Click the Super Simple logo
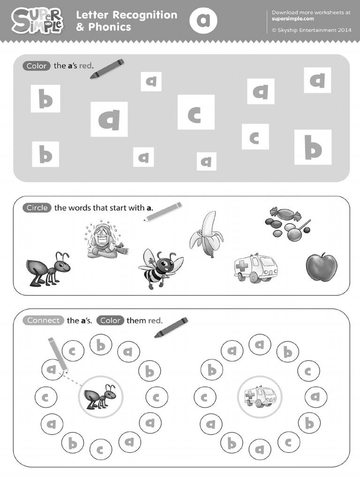tap(37, 21)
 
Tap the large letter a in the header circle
tap(203, 21)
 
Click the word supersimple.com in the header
tap(293, 19)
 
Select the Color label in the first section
tap(37, 66)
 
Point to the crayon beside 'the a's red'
tap(107, 68)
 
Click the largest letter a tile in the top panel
tap(109, 120)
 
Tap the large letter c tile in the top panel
tap(195, 112)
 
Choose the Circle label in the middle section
tap(37, 208)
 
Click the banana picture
tap(206, 234)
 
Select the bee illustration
tap(160, 268)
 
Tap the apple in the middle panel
tap(322, 267)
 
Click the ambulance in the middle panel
tap(255, 268)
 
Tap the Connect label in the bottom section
tap(44, 321)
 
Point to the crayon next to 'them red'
tap(171, 328)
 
